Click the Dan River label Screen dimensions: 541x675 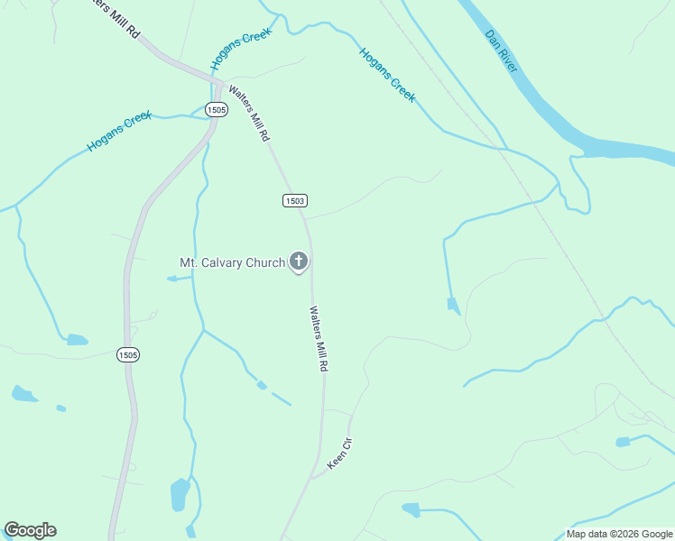pos(501,51)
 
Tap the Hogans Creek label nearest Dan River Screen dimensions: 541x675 pos(388,75)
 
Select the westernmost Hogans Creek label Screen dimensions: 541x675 pos(119,132)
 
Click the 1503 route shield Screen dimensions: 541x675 pos(294,200)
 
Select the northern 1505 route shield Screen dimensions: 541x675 pos(216,109)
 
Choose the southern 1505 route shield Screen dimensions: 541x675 pos(128,355)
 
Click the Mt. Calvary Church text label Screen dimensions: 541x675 pos(232,263)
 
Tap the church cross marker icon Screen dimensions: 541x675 pos(299,262)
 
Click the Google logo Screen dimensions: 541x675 pos(30,530)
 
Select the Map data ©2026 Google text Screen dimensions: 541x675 pos(618,534)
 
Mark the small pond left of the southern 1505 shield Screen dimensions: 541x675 pos(77,340)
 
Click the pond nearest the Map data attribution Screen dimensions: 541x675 pos(623,442)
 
